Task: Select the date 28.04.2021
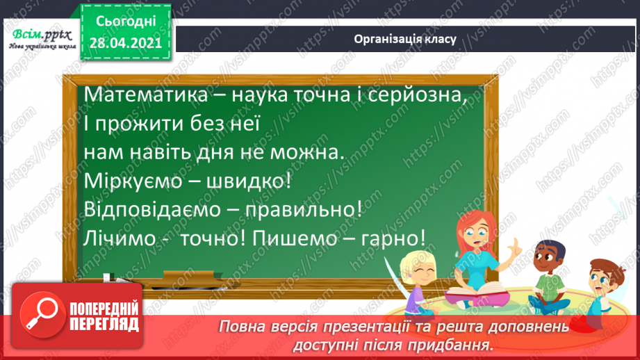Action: click(126, 44)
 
